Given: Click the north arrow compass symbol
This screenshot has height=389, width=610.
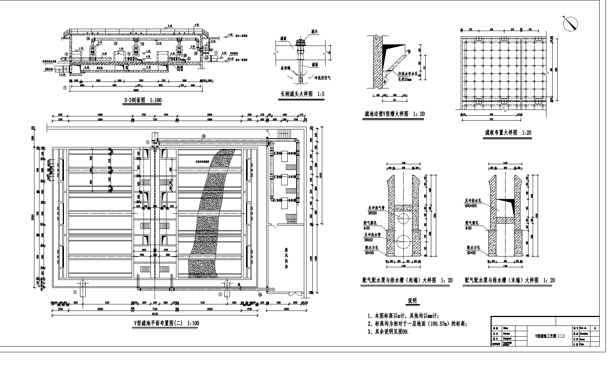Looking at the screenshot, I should (x=571, y=24).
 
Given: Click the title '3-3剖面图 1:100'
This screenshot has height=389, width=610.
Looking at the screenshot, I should (x=143, y=101).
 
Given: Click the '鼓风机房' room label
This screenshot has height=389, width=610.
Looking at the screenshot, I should (x=286, y=259).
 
